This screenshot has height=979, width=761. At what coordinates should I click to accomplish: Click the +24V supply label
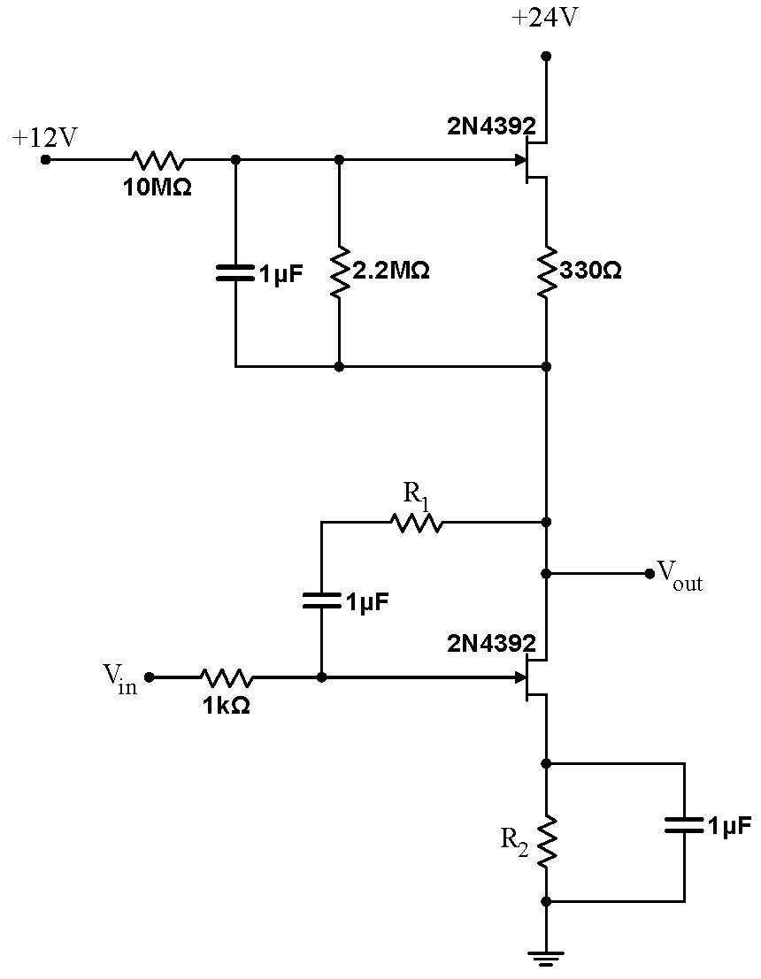click(545, 18)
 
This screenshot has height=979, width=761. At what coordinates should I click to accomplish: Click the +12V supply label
click(44, 138)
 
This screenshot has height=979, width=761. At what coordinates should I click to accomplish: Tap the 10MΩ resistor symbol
click(158, 160)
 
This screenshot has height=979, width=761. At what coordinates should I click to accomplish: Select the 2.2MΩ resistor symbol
click(339, 272)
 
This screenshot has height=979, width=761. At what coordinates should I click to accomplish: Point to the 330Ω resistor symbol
click(546, 271)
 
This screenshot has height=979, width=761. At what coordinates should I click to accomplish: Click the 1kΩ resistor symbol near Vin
click(227, 677)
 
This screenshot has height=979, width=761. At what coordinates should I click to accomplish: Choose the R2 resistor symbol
click(546, 840)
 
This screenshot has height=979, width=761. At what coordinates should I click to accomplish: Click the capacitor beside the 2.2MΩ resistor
click(235, 272)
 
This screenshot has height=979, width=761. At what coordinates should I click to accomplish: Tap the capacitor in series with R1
click(321, 600)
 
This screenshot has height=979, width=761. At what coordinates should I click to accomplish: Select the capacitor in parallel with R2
click(685, 826)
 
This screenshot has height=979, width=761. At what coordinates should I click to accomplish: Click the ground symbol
click(546, 955)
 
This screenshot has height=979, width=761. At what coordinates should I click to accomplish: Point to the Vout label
click(679, 575)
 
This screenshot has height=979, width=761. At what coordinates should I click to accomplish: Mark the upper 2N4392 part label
click(491, 125)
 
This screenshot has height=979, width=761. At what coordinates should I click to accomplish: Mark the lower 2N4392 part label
click(491, 642)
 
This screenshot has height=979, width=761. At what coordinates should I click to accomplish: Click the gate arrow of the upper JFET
click(520, 160)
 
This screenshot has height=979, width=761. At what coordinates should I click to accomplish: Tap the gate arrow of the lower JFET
click(520, 677)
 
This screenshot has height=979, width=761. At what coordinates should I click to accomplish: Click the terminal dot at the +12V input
click(46, 160)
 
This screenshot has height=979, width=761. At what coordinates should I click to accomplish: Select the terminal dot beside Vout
click(650, 573)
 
